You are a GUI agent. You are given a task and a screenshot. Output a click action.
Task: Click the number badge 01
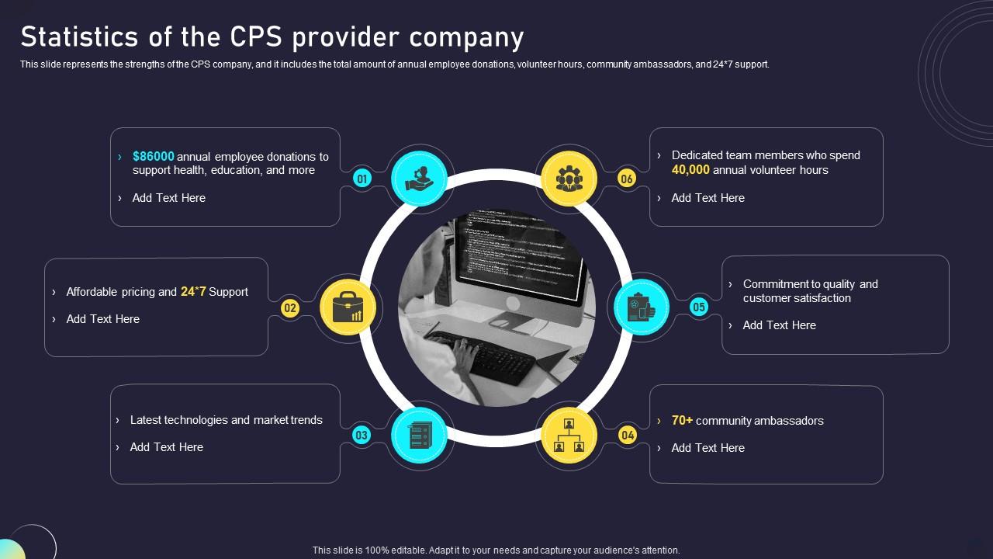(362, 179)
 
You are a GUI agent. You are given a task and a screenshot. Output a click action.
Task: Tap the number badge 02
(290, 308)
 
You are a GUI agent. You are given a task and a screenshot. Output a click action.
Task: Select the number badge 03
(362, 436)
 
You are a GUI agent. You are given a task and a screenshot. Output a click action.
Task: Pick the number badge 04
(628, 436)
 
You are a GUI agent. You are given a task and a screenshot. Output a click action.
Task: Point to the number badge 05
(699, 307)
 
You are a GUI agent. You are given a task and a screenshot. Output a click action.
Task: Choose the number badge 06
(627, 179)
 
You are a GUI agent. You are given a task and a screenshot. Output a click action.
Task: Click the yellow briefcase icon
(348, 308)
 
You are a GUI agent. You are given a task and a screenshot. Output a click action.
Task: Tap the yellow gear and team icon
(569, 179)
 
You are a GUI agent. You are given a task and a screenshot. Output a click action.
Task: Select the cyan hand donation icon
(419, 179)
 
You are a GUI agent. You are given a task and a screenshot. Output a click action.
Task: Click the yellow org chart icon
(569, 436)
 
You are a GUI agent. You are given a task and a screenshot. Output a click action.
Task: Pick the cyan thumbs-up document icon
(642, 307)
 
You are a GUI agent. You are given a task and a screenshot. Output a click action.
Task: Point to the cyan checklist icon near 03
(419, 436)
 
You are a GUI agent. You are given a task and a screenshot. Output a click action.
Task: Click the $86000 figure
(154, 156)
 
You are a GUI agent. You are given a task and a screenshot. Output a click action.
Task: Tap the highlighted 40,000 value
(690, 170)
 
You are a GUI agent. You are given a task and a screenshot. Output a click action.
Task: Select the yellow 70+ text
(682, 420)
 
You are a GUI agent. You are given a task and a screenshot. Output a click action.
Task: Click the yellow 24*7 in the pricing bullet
(193, 292)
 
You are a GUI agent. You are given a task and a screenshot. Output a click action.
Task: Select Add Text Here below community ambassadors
(708, 448)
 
